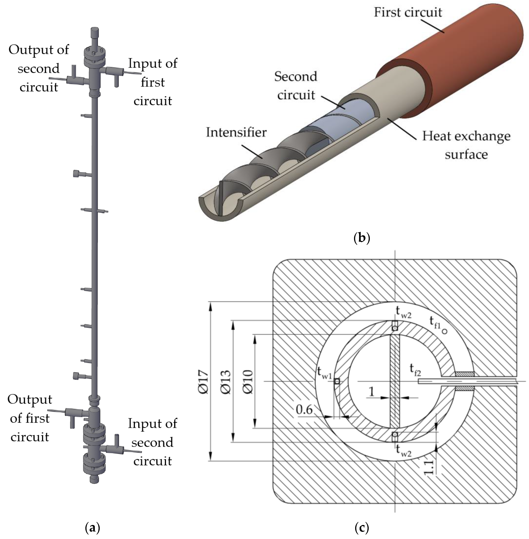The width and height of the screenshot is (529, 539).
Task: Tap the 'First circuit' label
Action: [x=408, y=13]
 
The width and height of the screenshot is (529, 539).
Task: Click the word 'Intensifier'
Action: [x=236, y=132]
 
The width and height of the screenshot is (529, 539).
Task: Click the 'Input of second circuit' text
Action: [x=152, y=442]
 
